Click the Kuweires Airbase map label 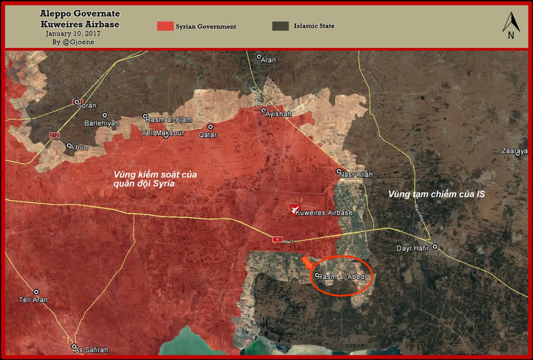pyautogui.click(x=324, y=213)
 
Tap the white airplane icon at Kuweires pyautogui.click(x=294, y=210)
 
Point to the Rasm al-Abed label pyautogui.click(x=341, y=277)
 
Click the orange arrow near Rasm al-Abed pyautogui.click(x=307, y=263)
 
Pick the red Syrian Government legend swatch pyautogui.click(x=165, y=26)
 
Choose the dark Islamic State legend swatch pyautogui.click(x=280, y=26)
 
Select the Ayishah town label pyautogui.click(x=278, y=114)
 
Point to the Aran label pyautogui.click(x=268, y=60)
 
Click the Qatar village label pyautogui.click(x=208, y=134)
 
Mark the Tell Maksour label pyautogui.click(x=164, y=134)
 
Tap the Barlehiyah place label pyautogui.click(x=102, y=123)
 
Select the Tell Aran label pyautogui.click(x=34, y=301)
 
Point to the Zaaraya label pyautogui.click(x=515, y=151)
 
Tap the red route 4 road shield pyautogui.click(x=277, y=239)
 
